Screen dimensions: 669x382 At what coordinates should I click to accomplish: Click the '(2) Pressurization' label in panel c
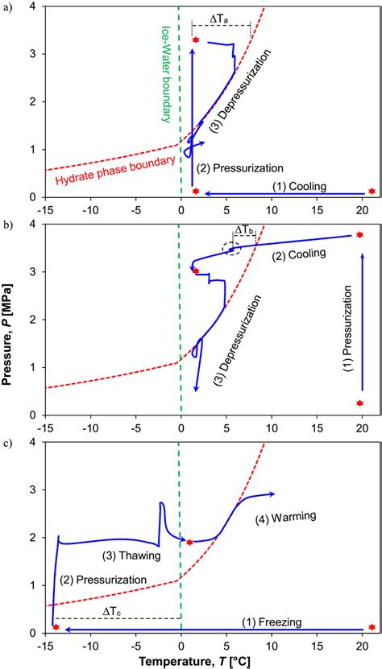pos(104,580)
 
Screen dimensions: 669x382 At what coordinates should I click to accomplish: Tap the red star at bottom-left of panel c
pos(56,626)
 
